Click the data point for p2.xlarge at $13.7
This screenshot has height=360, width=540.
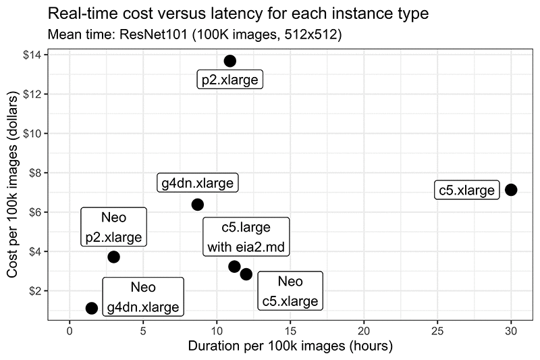[230, 61]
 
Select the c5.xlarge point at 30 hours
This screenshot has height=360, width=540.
[511, 190]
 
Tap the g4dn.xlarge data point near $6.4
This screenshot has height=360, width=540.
[197, 205]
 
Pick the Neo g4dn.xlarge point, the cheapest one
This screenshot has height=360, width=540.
[92, 308]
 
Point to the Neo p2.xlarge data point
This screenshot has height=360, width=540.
[113, 257]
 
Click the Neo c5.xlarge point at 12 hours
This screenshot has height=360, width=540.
[246, 274]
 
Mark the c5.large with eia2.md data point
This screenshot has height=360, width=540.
[234, 266]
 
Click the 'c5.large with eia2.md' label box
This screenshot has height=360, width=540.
[246, 237]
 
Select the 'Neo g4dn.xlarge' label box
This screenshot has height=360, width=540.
[143, 297]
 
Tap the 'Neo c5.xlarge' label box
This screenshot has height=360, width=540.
[290, 291]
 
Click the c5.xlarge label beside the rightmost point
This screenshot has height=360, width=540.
[466, 190]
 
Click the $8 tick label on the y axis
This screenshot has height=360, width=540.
[38, 172]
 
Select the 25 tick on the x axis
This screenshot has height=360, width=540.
[437, 332]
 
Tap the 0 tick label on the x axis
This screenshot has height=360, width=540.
[70, 332]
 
